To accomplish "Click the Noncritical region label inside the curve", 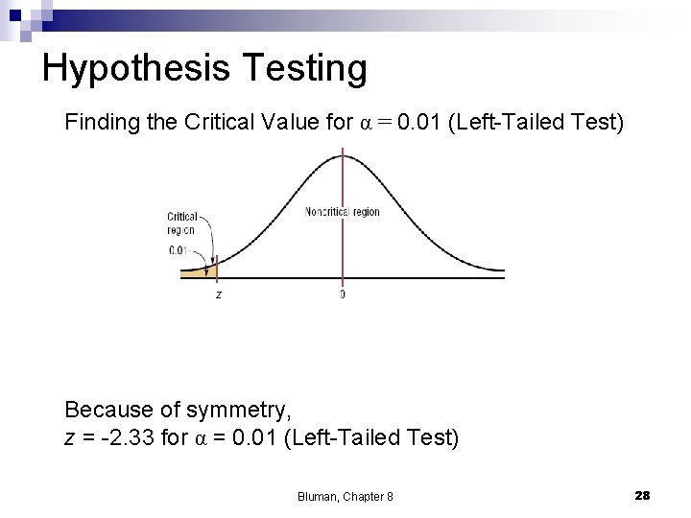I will [343, 212].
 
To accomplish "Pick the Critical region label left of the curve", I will [181, 223].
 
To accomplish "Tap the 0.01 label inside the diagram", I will [179, 250].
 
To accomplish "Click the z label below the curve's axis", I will [218, 294].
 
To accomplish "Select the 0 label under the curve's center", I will [343, 294].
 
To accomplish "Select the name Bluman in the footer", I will [317, 496].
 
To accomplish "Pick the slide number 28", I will [643, 495].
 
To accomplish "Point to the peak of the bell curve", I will [343, 154].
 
